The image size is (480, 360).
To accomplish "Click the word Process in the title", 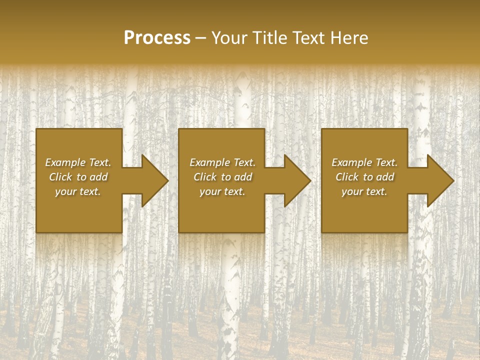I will coord(157,38).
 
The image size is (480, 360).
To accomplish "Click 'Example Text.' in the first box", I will coord(78,162).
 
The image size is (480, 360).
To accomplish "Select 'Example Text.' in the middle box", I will coord(222,162).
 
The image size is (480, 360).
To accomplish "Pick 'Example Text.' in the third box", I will coord(364,162).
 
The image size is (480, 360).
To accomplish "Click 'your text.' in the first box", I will coord(78,191).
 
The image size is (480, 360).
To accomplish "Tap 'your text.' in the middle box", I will coord(222,191).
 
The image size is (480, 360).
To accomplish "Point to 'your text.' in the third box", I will coord(364,191).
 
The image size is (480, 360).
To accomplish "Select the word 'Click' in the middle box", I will coord(205,177).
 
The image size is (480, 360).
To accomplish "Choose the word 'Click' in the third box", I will coord(347,177).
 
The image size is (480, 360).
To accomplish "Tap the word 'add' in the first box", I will coord(98,177).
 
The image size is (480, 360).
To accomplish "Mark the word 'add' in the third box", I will coord(385,177).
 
